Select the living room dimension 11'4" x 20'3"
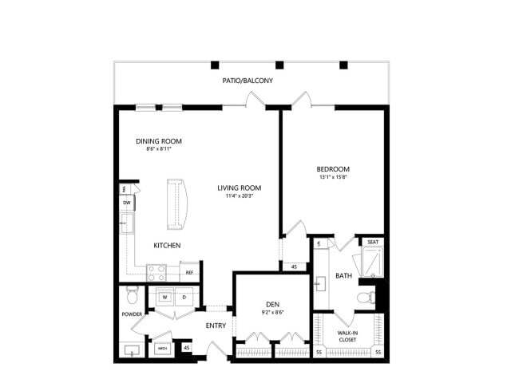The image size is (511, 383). [240, 196]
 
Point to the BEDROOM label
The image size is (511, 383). [333, 169]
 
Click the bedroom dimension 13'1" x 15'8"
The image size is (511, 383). [333, 177]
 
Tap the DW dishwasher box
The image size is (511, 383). [127, 203]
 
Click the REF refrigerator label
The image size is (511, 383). [190, 273]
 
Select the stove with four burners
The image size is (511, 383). [156, 271]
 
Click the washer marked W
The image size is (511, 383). [165, 298]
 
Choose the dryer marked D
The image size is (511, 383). [184, 298]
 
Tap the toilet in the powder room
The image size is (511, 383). [133, 298]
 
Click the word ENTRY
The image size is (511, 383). [216, 326]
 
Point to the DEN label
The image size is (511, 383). [271, 305]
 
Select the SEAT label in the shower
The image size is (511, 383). [372, 242]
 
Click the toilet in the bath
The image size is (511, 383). [366, 298]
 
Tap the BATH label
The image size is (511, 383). [343, 276]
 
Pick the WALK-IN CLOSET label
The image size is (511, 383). [347, 336]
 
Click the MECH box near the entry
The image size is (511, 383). [162, 349]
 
